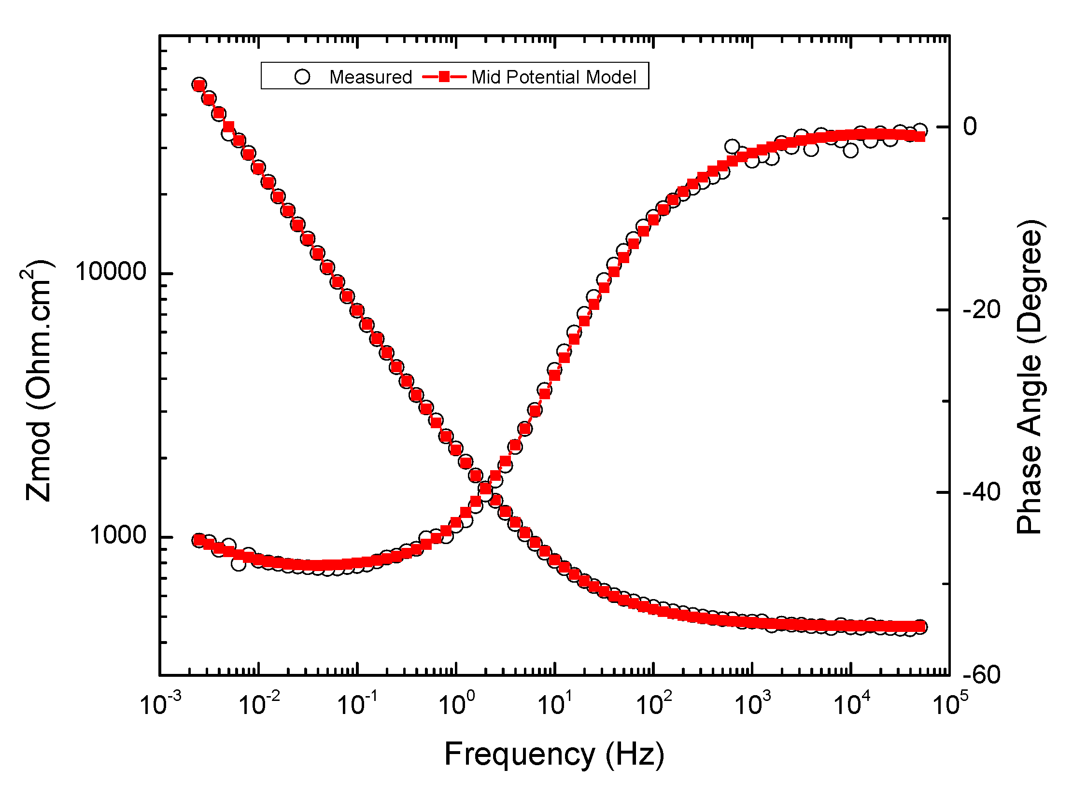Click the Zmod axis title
(38, 381)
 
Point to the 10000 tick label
(111, 271)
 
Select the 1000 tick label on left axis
(117, 535)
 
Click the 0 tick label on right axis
(970, 126)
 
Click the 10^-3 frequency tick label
(160, 704)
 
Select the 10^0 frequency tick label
(456, 704)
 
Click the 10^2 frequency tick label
(653, 704)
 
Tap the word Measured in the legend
(370, 77)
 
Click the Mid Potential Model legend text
(554, 77)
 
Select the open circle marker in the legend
(302, 77)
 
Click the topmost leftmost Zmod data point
(199, 85)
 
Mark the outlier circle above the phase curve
(732, 147)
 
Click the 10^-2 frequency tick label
(259, 704)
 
